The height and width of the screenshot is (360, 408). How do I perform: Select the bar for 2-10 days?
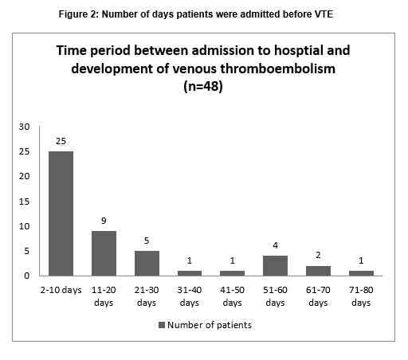tap(61, 213)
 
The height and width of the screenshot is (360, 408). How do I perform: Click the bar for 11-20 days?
tap(104, 253)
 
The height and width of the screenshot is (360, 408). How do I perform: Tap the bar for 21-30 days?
tap(147, 264)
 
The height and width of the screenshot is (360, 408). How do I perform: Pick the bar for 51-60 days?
tap(275, 266)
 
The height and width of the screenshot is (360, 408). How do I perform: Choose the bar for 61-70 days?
tap(318, 271)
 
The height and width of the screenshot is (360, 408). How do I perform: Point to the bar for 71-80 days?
tap(361, 273)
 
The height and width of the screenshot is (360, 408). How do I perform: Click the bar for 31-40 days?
tap(190, 273)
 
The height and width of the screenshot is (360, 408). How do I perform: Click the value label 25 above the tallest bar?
tap(61, 141)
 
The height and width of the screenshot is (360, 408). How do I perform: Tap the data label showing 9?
tap(104, 221)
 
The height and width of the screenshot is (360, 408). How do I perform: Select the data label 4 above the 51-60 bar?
tap(276, 245)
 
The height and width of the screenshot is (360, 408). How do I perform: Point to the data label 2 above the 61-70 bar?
tap(318, 255)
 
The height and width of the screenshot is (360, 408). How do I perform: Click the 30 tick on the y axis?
tap(24, 127)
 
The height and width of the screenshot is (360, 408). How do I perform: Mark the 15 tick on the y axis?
tap(24, 202)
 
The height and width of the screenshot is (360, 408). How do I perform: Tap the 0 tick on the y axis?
tap(26, 276)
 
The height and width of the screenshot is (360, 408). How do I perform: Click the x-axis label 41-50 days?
tap(233, 296)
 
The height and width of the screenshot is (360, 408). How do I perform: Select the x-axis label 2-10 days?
tap(61, 290)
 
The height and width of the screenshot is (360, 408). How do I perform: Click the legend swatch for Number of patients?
tap(162, 325)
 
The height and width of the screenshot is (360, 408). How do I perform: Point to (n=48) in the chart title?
tap(203, 86)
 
